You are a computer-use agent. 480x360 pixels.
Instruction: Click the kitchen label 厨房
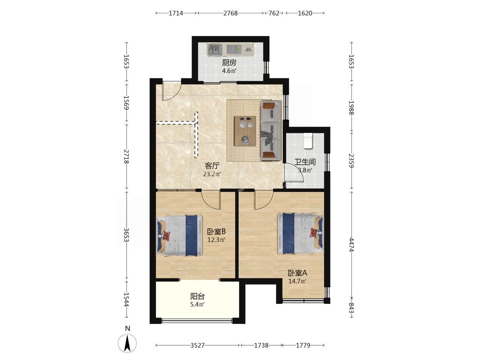point(229,63)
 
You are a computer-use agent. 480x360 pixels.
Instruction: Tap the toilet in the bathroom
point(308,141)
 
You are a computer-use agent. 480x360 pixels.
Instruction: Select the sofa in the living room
point(271,131)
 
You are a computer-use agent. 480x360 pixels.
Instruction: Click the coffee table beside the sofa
point(245,131)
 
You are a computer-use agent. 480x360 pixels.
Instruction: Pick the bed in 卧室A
point(300,234)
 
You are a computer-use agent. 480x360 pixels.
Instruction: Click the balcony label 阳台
point(197,296)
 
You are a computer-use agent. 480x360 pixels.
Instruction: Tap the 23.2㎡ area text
point(212,174)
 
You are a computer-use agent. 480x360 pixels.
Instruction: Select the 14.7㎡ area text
point(297,281)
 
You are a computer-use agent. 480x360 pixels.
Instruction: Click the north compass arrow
point(127,343)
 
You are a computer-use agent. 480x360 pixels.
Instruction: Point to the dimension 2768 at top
point(230,13)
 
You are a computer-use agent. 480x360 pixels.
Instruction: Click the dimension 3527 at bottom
point(197,345)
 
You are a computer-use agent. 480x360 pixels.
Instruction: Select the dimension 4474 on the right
point(351,245)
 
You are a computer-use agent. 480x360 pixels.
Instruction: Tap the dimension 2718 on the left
point(127,156)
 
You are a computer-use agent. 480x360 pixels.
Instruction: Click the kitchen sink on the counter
point(215,49)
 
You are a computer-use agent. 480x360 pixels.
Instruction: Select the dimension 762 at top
point(274,13)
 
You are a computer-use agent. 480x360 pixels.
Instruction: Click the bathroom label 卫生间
point(305,162)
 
